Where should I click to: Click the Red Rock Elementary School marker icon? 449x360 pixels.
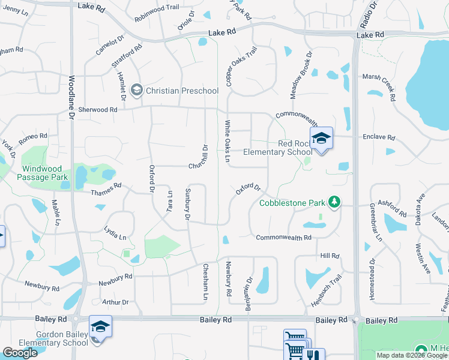coord(321,139)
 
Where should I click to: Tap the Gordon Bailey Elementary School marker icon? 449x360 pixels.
coord(100,327)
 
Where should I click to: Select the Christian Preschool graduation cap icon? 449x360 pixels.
coord(136,91)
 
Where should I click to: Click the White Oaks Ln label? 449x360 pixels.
coord(228,142)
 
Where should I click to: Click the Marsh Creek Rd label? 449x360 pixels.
coord(379,88)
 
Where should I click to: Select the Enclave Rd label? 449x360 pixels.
coord(378,137)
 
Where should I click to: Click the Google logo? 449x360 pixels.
coord(20,352)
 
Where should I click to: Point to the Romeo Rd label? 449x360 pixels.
coord(33,137)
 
